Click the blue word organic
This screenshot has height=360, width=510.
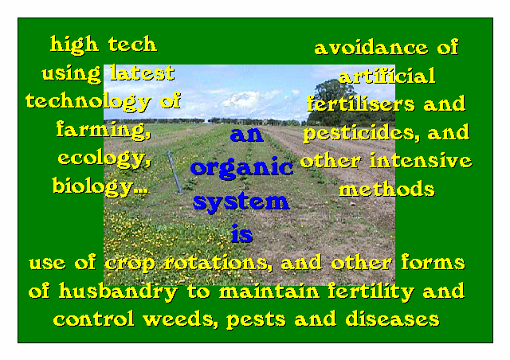[241, 167]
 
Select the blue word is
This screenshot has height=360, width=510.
[241, 233]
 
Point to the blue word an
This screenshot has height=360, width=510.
[246, 135]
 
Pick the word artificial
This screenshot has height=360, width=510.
[386, 76]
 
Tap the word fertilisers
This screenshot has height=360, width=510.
[361, 104]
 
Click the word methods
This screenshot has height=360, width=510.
[386, 189]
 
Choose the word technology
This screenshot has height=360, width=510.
[88, 102]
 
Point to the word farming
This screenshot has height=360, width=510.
[104, 130]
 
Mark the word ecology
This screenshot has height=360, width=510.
[104, 159]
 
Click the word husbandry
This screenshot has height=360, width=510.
[119, 292]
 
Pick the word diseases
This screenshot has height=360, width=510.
[392, 319]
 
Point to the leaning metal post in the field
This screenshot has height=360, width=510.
[175, 172]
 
